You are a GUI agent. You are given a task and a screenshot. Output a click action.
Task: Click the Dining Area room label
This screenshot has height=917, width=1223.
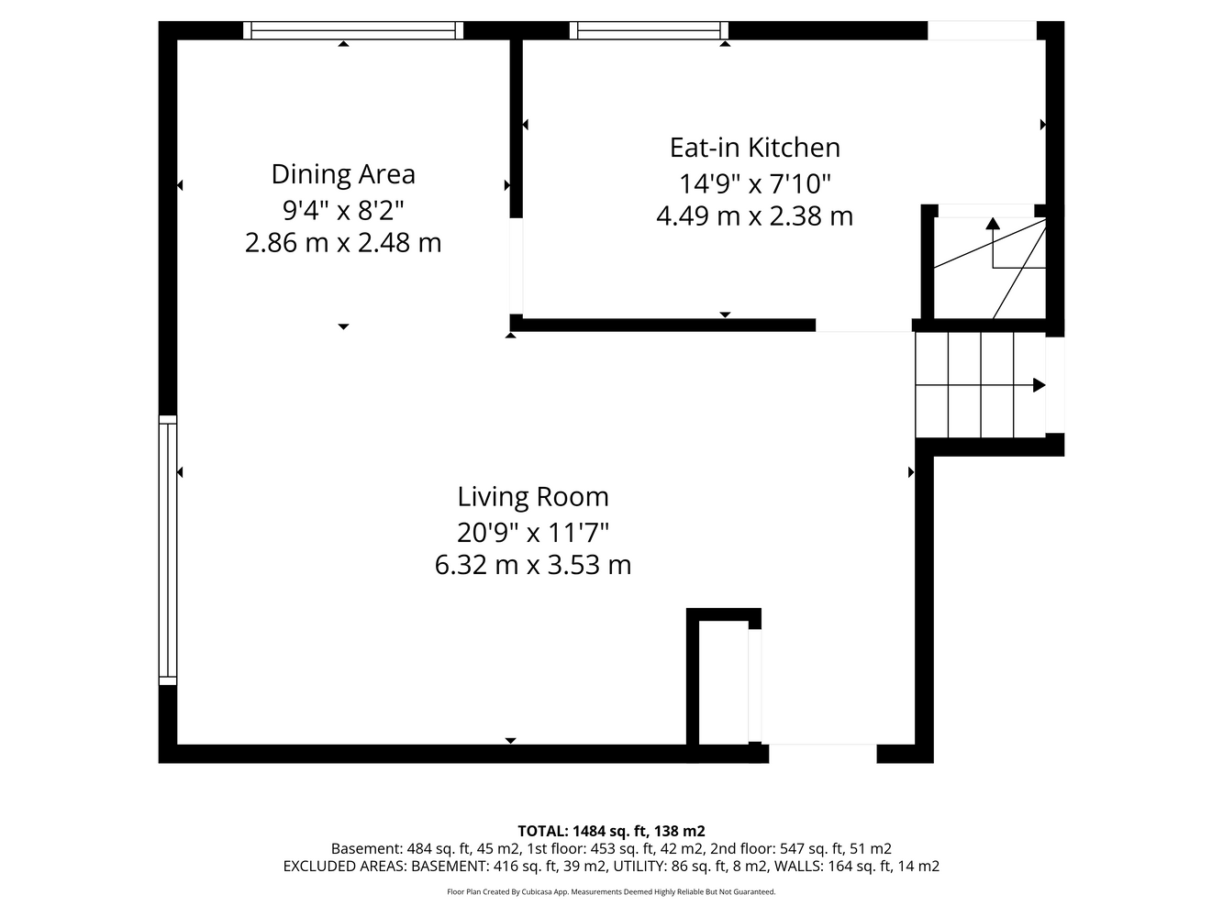343,174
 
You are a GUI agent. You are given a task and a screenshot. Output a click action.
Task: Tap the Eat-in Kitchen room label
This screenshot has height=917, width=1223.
755,148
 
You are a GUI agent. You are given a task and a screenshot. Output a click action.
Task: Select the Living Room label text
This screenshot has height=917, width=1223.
533,497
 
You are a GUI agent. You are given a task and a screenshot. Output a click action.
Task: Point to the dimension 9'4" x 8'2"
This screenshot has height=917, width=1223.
343,211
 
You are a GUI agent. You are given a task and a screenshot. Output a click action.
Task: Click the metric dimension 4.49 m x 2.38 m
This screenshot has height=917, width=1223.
754,216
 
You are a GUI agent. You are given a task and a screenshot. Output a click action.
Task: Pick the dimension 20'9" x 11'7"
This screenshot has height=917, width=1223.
533,532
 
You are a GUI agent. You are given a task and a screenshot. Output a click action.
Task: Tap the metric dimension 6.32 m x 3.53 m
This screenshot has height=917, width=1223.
533,565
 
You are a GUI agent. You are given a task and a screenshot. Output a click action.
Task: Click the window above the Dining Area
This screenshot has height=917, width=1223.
353,30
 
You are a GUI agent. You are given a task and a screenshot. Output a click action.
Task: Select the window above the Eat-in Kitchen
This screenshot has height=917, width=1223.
649,30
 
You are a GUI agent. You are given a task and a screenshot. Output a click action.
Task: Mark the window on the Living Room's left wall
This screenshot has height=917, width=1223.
168,550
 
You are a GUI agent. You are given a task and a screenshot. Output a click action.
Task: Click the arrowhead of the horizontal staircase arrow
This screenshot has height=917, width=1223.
1040,385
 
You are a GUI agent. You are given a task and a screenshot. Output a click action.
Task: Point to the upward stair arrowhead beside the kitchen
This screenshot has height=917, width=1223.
993,223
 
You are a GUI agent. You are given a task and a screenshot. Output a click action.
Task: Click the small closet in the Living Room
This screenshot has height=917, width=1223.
724,682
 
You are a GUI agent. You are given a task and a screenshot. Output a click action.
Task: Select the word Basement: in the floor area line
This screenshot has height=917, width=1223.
366,849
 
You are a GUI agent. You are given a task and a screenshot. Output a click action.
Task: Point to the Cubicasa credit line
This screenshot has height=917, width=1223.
611,892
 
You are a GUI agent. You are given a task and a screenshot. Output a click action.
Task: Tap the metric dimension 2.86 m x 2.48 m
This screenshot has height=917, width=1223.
343,243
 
